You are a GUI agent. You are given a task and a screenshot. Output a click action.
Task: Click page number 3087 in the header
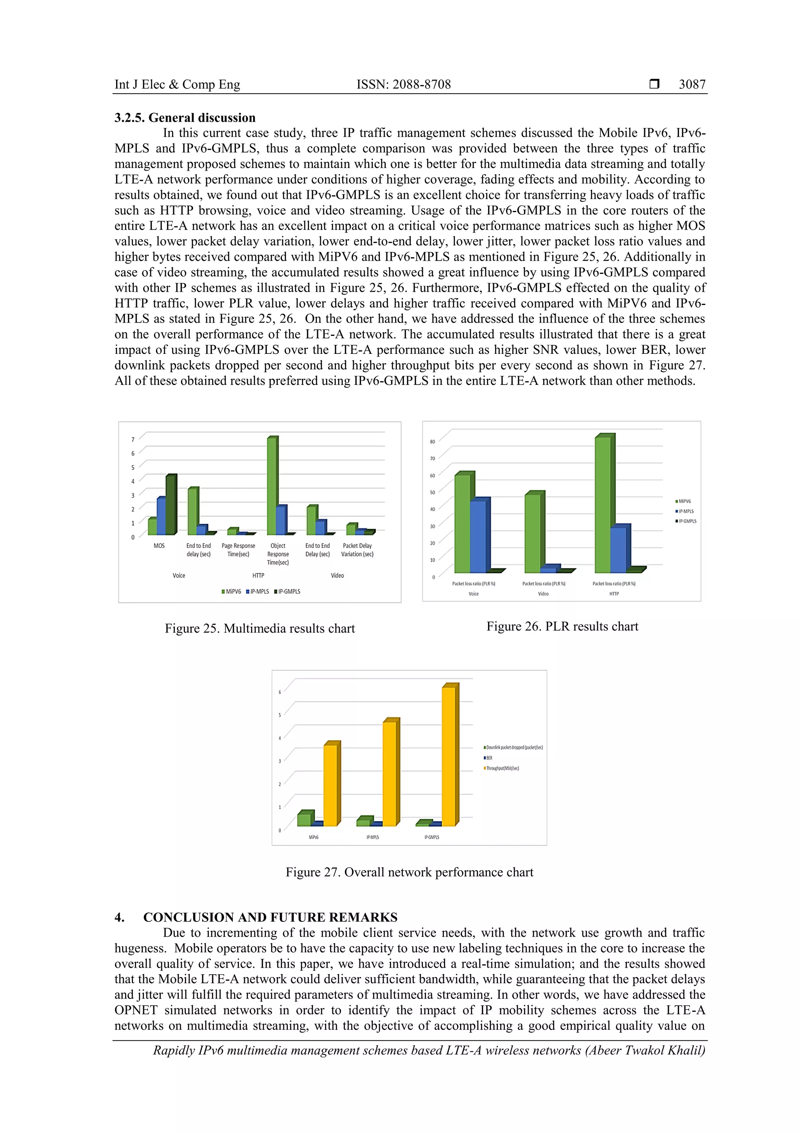pyautogui.click(x=691, y=85)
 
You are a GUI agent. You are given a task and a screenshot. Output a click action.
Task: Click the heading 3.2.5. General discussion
pyautogui.click(x=185, y=117)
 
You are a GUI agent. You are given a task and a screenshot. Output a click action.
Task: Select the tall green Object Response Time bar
pyautogui.click(x=272, y=487)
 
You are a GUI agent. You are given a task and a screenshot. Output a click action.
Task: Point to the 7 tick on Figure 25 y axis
pyautogui.click(x=133, y=440)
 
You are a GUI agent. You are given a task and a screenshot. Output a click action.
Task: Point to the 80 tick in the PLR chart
pyautogui.click(x=432, y=442)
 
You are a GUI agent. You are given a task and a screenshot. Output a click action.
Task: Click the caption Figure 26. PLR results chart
pyautogui.click(x=562, y=626)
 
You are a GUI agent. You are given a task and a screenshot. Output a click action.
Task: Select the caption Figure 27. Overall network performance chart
pyautogui.click(x=409, y=872)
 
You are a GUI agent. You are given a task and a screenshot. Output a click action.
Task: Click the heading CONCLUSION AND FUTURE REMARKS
pyautogui.click(x=270, y=917)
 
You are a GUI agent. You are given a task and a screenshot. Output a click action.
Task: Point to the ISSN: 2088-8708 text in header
pyautogui.click(x=403, y=85)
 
